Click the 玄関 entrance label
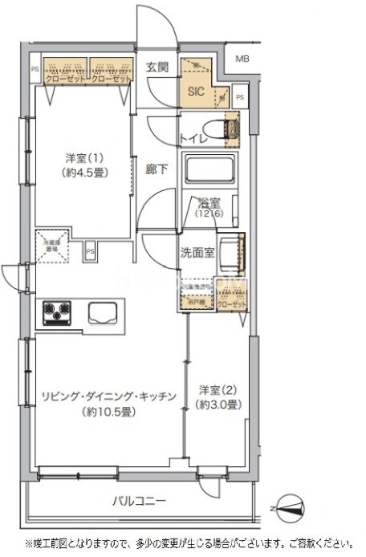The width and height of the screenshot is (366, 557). (x=157, y=68)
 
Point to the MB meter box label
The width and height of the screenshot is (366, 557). (x=242, y=59)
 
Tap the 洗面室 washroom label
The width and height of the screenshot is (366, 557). (x=197, y=252)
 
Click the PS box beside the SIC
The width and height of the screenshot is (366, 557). (x=241, y=98)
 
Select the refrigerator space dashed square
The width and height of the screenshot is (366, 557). (x=52, y=246)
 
